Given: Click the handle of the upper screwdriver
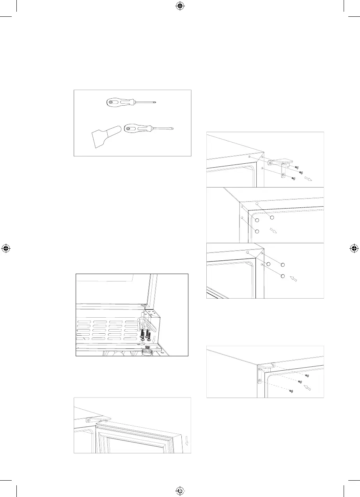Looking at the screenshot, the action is tap(117, 103).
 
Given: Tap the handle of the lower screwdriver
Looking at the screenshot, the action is tap(135, 128).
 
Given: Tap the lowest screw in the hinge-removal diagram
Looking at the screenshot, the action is tap(294, 178).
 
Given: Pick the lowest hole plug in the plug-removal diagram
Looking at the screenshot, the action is tap(257, 231).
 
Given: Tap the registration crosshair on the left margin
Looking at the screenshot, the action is tap(5, 248).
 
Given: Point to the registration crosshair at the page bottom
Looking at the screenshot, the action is tap(180, 491).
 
